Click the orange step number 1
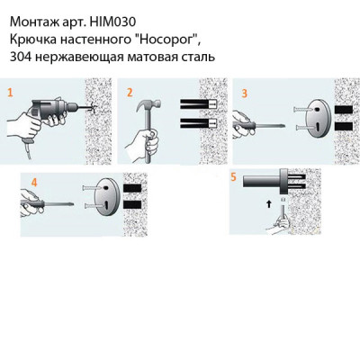pos(10,92)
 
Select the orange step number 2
pos(130,92)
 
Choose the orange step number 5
pos(233,177)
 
